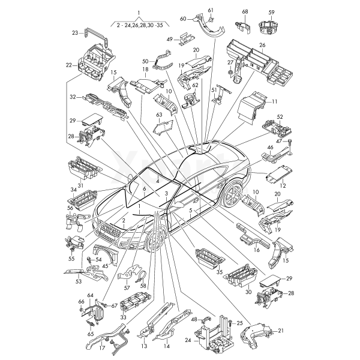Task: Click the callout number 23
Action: click(75, 32)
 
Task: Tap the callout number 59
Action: click(271, 12)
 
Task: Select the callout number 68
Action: click(245, 12)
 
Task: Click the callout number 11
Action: click(275, 103)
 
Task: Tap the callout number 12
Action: click(283, 187)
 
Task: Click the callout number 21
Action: click(281, 331)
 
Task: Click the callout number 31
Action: click(80, 186)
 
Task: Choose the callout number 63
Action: click(159, 114)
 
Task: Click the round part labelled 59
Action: click(271, 27)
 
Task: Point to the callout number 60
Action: click(183, 19)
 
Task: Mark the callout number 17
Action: click(102, 347)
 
